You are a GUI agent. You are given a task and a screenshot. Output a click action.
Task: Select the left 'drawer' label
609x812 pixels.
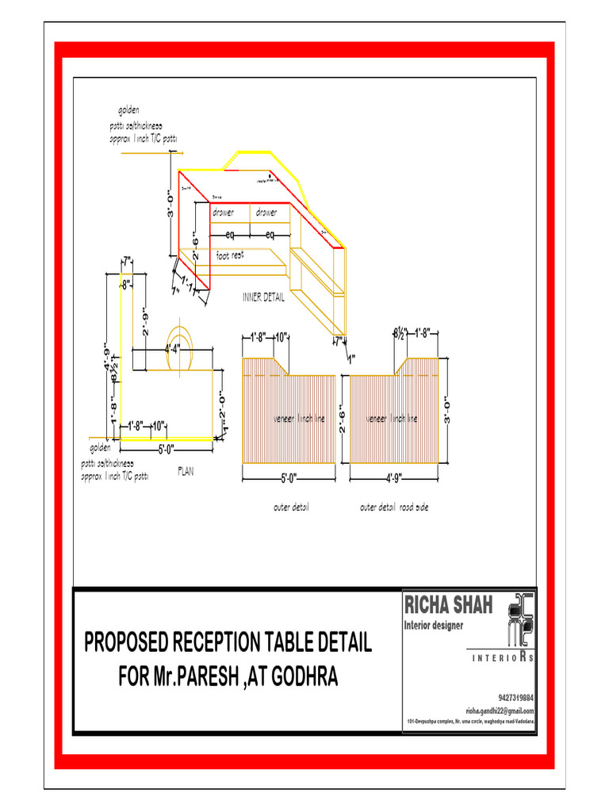(x=228, y=213)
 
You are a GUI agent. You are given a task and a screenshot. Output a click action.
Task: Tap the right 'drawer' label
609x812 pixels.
(x=266, y=213)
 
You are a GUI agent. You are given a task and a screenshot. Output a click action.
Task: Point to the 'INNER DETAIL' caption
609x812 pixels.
(x=263, y=298)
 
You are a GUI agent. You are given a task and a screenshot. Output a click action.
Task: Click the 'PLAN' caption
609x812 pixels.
(x=186, y=471)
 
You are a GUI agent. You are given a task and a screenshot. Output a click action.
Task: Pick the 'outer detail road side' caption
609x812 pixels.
(x=394, y=507)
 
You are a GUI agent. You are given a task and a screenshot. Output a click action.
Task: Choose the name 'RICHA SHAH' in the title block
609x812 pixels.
(x=449, y=607)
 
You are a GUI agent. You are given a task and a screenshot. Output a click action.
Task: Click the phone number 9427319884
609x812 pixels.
(x=516, y=698)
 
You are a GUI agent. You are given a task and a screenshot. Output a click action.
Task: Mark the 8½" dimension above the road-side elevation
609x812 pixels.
(x=400, y=333)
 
